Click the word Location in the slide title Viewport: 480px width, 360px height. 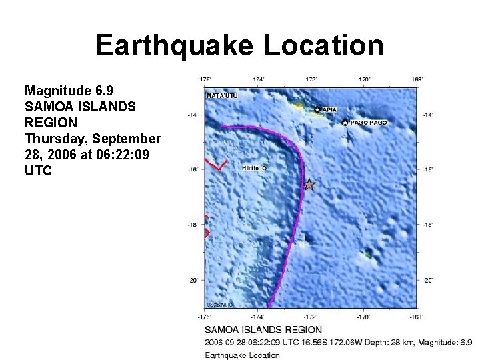323,45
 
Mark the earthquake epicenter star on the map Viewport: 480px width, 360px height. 309,184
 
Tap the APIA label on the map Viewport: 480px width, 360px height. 330,109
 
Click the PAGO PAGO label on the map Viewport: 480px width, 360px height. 367,123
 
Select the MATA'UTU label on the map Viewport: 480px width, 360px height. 223,96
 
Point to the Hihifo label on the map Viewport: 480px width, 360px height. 251,168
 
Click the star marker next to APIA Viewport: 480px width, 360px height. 317,109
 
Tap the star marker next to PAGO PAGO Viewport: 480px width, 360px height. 345,123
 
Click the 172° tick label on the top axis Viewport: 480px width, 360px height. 311,79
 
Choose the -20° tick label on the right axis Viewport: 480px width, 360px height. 428,280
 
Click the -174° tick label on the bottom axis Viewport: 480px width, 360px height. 258,316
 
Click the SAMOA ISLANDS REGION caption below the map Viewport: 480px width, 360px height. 263,329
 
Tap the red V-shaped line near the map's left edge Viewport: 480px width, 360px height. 217,164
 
